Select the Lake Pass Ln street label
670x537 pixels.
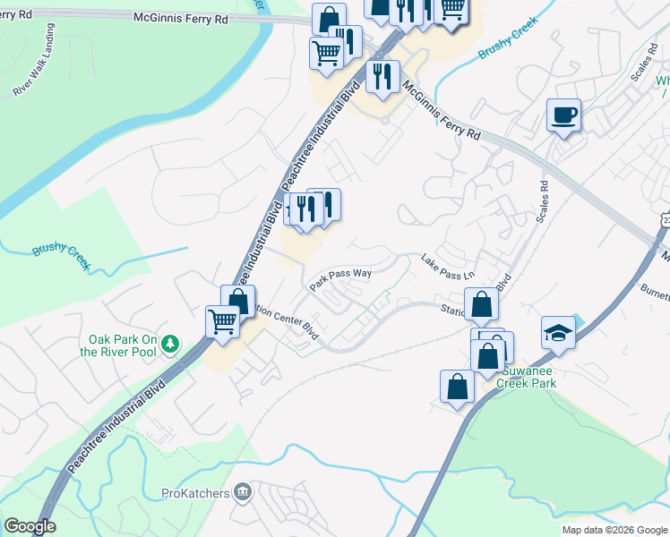(448, 266)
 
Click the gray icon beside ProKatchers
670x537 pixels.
(242, 491)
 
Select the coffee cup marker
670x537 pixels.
(563, 115)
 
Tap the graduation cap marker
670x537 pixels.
(558, 332)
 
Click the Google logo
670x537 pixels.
(29, 525)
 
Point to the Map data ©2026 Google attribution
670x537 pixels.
(614, 530)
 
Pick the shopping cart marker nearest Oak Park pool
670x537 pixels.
(222, 320)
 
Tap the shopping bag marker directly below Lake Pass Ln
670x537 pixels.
(481, 305)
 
